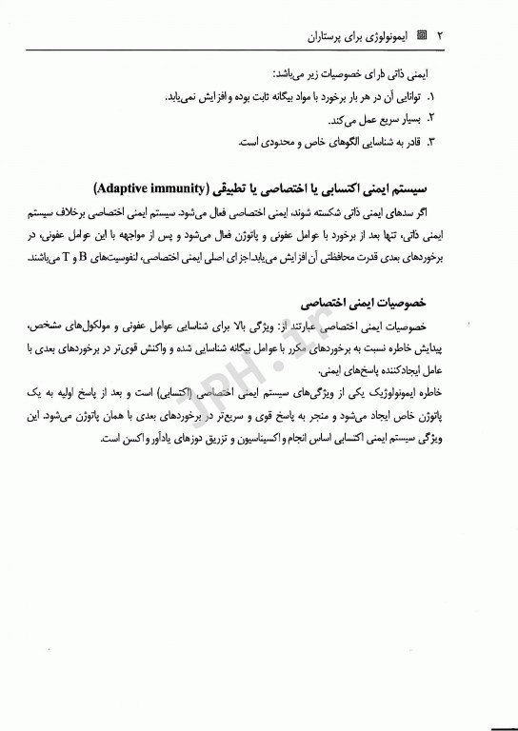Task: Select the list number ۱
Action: [430, 96]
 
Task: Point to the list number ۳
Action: [430, 142]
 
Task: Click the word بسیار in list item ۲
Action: [401, 119]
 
